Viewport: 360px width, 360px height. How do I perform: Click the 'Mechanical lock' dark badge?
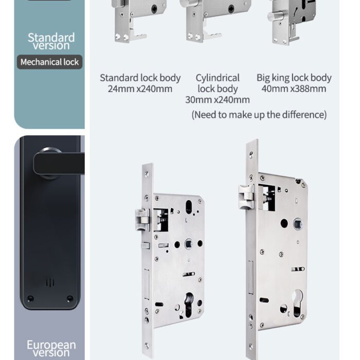(x=49, y=62)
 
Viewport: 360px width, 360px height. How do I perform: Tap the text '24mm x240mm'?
(x=140, y=89)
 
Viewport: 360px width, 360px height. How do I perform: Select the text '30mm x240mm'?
(x=218, y=100)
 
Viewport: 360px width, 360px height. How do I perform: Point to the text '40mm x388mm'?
(x=294, y=89)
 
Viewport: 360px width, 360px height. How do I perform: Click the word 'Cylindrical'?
(x=218, y=78)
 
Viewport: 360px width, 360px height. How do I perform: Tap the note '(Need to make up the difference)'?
(x=259, y=115)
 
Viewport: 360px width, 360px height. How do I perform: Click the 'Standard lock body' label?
(x=140, y=78)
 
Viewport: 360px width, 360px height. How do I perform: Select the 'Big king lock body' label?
(x=294, y=78)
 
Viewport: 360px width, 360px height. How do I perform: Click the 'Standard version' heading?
(x=51, y=41)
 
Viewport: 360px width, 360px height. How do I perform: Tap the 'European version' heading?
(x=51, y=349)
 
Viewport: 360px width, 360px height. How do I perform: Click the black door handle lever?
(x=59, y=163)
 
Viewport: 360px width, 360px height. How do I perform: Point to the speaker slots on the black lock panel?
(x=50, y=283)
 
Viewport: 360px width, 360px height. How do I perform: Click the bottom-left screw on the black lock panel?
(x=30, y=299)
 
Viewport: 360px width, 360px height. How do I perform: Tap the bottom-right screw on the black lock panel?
(x=70, y=299)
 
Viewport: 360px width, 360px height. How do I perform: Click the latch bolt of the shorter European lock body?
(x=142, y=220)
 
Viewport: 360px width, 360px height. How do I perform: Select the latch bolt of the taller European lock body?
(x=246, y=197)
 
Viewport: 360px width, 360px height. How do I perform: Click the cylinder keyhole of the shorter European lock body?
(x=189, y=305)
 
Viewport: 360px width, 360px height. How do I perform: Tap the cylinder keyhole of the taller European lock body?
(x=297, y=303)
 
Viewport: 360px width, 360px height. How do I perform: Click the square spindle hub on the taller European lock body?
(x=298, y=224)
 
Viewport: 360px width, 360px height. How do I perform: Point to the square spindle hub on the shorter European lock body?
(x=189, y=244)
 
